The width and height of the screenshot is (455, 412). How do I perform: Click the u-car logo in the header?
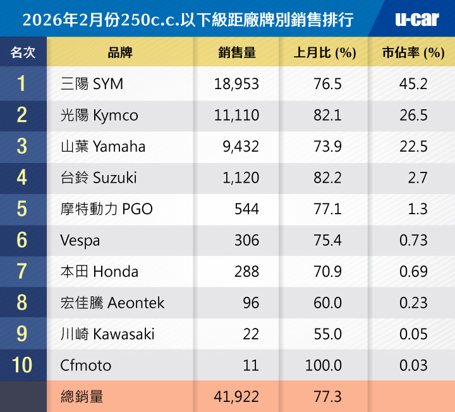[416, 20]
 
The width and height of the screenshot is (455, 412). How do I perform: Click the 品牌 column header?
[120, 52]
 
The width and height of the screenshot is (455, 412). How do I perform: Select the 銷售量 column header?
[236, 52]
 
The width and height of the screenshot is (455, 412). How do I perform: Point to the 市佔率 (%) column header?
[413, 52]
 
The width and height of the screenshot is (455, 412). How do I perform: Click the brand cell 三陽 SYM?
[92, 84]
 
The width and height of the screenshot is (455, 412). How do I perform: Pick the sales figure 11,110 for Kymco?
[237, 116]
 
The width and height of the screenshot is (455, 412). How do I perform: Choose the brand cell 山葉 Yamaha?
[103, 147]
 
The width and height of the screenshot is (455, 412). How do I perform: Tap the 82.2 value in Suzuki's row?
[327, 178]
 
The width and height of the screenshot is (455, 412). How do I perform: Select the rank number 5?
[22, 209]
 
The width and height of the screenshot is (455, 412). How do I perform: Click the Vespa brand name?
[80, 241]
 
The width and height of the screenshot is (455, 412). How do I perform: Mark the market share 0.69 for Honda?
[413, 272]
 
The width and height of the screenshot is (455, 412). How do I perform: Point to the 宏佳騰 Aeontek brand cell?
[112, 303]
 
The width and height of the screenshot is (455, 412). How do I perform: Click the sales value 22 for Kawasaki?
[251, 334]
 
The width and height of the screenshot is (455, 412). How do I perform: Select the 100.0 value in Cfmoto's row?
[324, 366]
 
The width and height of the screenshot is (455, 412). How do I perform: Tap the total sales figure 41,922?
[238, 397]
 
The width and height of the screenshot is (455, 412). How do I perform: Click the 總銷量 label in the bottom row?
[82, 397]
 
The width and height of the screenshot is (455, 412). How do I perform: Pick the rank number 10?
[22, 366]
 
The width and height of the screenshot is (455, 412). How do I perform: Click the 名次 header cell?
[23, 52]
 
